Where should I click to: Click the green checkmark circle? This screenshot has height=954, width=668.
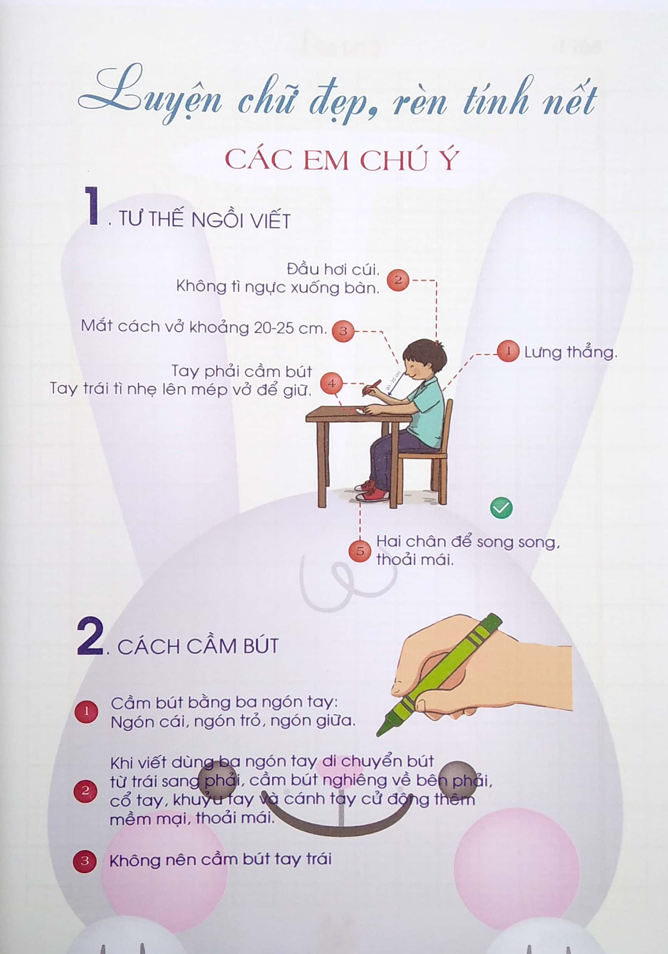coord(501,508)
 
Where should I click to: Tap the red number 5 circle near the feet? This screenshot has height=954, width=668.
coord(360,551)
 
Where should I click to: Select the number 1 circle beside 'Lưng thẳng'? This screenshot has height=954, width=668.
coord(508,351)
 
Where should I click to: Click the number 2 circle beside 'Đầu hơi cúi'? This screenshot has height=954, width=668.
coord(398,280)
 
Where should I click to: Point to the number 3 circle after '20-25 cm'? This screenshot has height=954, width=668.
coord(343,331)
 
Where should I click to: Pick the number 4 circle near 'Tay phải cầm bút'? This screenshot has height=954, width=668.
coord(331,383)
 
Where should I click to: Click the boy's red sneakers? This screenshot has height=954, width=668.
coord(371,492)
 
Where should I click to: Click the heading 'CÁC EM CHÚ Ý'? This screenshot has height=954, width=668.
coord(342,160)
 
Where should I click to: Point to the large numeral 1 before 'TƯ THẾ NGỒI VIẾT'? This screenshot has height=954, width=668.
coord(92,206)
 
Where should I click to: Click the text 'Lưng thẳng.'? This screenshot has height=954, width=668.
coord(571,352)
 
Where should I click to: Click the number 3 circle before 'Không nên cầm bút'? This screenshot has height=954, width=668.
coord(85,861)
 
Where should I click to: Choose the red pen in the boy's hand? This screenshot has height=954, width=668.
coord(372,387)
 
